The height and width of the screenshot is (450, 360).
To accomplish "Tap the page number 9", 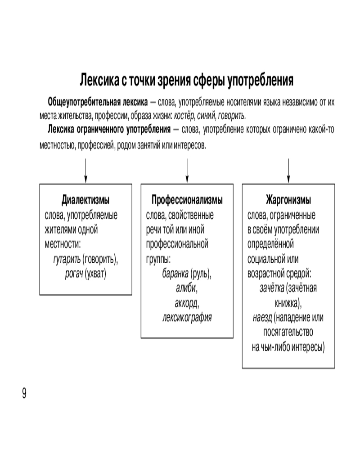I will [24, 393].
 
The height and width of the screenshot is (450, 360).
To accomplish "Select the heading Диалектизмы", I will [85, 200].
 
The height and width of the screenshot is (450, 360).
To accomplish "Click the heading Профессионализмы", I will [187, 200].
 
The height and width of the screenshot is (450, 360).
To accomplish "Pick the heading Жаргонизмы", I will [288, 200].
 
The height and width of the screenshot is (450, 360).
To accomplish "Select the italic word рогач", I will [74, 274].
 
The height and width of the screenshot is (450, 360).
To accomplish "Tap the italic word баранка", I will [175, 274].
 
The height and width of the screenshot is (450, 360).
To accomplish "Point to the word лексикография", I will [187, 317].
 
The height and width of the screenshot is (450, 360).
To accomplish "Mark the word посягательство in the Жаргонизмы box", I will [288, 332].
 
